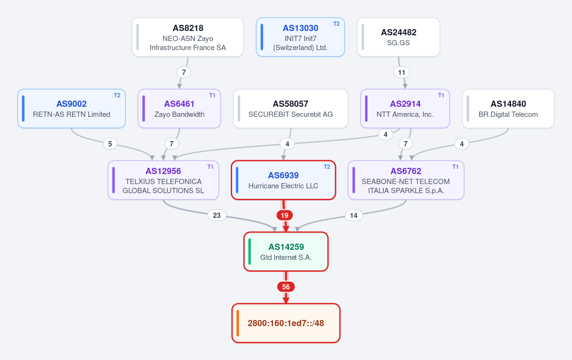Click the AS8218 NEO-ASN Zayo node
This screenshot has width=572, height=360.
[x=188, y=37]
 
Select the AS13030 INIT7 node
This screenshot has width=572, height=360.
[x=300, y=37]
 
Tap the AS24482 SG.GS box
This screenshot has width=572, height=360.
[x=398, y=37]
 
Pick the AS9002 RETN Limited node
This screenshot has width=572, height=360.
[x=71, y=109]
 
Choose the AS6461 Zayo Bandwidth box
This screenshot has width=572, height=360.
[x=179, y=109]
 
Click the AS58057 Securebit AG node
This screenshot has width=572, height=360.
[x=291, y=109]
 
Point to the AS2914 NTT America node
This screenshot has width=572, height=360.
[x=405, y=109]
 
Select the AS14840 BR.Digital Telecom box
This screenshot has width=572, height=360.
[x=508, y=109]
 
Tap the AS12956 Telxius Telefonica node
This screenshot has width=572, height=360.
[x=163, y=180]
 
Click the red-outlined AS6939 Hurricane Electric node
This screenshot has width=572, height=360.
[x=283, y=180]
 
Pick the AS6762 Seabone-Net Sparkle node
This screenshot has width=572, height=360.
[x=406, y=180]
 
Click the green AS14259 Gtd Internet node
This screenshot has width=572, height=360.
[x=286, y=252]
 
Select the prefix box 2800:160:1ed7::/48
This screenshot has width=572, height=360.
[x=286, y=323]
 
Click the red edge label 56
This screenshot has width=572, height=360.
[x=286, y=287]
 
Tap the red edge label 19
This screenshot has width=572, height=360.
[x=285, y=216]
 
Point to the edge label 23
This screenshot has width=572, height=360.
[x=217, y=216]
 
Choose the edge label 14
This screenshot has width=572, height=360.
[x=353, y=216]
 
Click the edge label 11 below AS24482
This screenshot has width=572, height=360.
[x=401, y=72]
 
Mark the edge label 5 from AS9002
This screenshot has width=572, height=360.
[x=110, y=144]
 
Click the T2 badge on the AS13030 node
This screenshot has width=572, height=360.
[x=337, y=24]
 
